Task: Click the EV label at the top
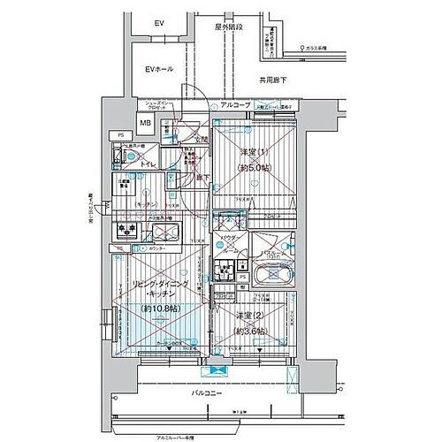coord(159,23)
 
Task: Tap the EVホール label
coord(159,68)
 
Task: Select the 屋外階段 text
coord(228,28)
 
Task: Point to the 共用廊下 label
coord(273,80)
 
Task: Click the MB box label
coord(145,124)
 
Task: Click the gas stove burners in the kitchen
coord(126,232)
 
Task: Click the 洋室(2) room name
coord(251,316)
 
